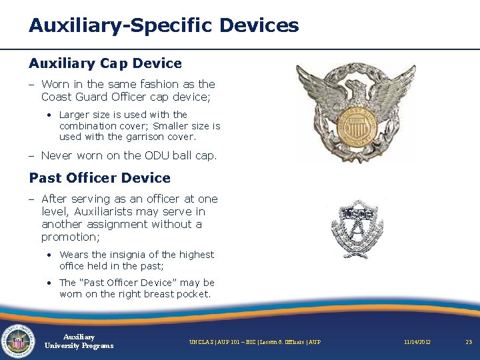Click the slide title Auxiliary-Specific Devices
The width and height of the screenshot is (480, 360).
point(163,26)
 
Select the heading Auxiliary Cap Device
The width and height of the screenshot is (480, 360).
point(105,63)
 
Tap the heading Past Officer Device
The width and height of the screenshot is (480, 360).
point(99,178)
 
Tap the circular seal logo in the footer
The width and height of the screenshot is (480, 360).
point(19,341)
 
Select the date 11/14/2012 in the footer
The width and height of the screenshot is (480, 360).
point(417,342)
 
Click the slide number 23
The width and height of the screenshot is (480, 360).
point(469,342)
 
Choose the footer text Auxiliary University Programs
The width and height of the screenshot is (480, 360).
point(79,341)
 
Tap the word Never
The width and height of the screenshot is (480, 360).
point(57,155)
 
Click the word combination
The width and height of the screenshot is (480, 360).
point(89,126)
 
